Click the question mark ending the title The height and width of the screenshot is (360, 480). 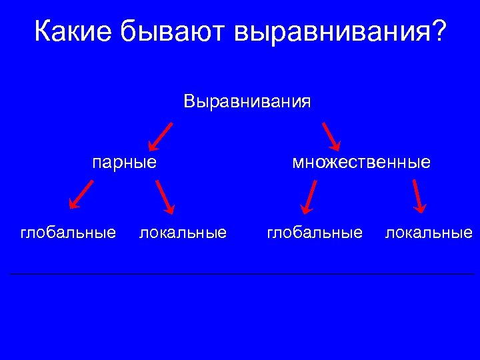coord(437,31)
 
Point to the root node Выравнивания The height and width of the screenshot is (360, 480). coord(247,102)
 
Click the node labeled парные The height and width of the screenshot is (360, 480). coord(125,162)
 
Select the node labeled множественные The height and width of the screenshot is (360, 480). coord(361,162)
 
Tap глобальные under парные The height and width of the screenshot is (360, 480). coord(68,233)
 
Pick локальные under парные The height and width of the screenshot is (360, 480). coord(183,233)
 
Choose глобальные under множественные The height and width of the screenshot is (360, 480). coord(315,233)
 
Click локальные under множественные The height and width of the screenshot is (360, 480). coord(429,233)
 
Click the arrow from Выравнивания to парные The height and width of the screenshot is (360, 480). coord(161,136)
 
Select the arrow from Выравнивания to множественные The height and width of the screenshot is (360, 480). coord(331,137)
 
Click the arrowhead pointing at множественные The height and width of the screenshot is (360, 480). coord(337,146)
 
